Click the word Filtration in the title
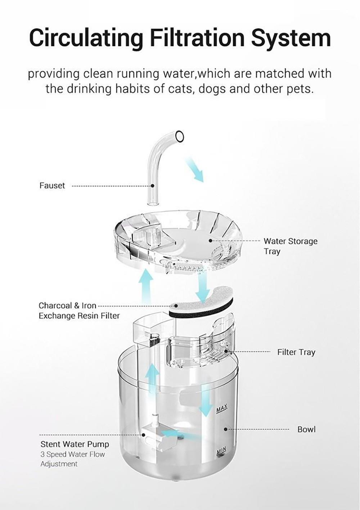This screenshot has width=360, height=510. click(197, 38)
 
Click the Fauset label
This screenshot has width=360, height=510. click(52, 186)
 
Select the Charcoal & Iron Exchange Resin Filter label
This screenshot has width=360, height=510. click(79, 311)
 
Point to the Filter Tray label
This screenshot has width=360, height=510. click(296, 352)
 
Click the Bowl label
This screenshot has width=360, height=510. click(306, 429)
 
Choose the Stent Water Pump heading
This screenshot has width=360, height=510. click(75, 444)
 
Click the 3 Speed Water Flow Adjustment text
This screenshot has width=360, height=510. click(72, 459)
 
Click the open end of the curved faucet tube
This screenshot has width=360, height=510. click(179, 136)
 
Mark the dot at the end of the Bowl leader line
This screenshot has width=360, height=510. click(226, 429)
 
